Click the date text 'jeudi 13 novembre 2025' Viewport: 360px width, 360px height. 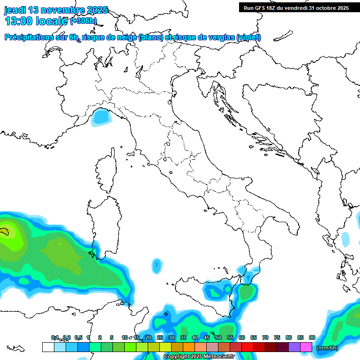[x=56, y=10]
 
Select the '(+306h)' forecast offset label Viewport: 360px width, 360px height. [x=83, y=21]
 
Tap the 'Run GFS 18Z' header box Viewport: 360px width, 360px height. [x=296, y=7]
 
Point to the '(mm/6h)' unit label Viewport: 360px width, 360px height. [x=327, y=348]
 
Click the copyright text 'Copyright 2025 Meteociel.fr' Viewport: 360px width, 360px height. [x=199, y=357]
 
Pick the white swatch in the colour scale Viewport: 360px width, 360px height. [x=48, y=347]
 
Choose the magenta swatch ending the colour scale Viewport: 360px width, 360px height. [x=306, y=347]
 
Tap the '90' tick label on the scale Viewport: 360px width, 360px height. [x=312, y=338]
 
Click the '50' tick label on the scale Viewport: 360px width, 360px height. [x=218, y=338]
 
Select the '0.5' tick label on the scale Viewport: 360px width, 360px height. [x=78, y=338]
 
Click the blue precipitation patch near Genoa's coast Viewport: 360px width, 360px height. [x=99, y=117]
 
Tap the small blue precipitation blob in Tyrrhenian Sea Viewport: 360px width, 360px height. [x=156, y=266]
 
